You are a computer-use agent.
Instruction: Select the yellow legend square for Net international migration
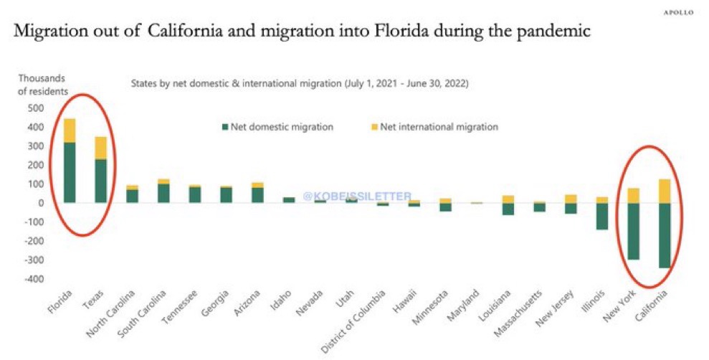(373, 127)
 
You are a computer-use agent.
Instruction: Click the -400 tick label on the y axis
(34, 279)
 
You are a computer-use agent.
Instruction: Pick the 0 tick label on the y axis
(42, 203)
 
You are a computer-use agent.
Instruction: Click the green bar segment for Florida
(70, 172)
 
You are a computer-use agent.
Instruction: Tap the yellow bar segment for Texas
(101, 148)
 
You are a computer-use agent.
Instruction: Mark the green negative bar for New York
(634, 231)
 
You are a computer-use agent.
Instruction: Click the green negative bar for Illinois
(602, 216)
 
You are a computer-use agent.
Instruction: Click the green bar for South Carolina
(164, 193)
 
